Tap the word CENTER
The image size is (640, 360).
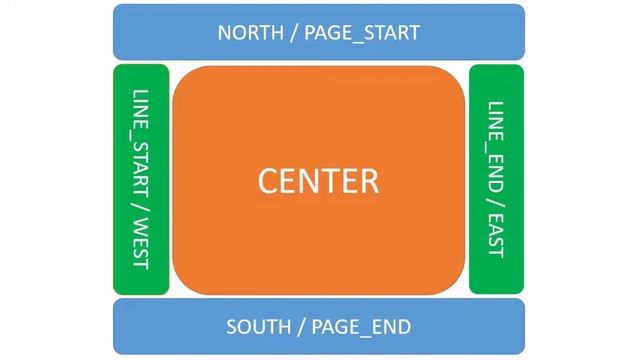pos(318,181)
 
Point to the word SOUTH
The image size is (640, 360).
pos(258,327)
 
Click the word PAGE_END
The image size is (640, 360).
pos(361,327)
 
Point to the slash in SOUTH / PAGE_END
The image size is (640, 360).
pos(301,327)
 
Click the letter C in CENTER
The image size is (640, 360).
pos(269,181)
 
